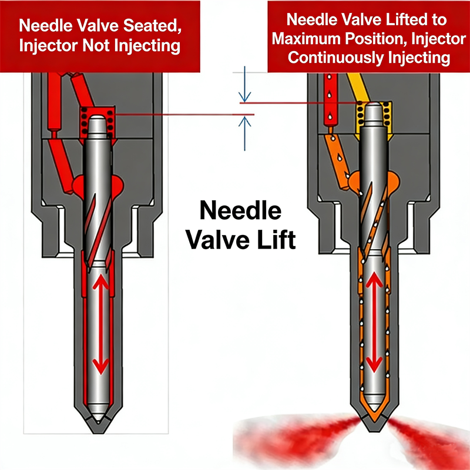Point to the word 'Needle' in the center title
point(240,211)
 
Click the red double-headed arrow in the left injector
point(102,325)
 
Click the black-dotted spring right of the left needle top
point(111,120)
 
